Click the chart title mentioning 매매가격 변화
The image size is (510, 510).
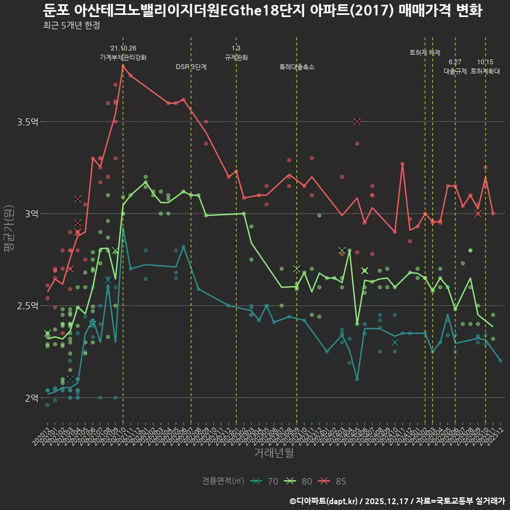[262, 11]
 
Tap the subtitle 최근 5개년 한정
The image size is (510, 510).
[71, 25]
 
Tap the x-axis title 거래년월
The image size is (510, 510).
[274, 453]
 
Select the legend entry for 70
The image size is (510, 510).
[265, 481]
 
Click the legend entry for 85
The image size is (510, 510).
[333, 481]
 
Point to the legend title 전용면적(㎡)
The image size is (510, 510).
[223, 481]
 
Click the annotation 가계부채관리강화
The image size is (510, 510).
[123, 57]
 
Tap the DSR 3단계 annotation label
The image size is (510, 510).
[191, 67]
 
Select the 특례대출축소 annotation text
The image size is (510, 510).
[297, 67]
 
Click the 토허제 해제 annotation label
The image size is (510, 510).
[425, 53]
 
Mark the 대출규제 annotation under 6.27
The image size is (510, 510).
[455, 71]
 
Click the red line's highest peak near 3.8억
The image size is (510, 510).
[123, 66]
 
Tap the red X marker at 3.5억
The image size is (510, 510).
[357, 122]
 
